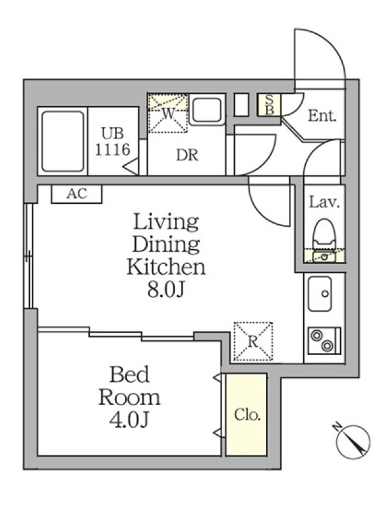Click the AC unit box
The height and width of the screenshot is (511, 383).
tap(77, 194)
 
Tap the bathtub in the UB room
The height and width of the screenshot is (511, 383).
tap(63, 141)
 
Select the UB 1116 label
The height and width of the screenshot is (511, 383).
tap(112, 141)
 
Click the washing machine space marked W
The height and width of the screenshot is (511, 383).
tap(168, 113)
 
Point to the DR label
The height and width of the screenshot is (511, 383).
tap(187, 155)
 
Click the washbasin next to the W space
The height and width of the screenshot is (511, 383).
tap(206, 111)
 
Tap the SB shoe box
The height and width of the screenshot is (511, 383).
tap(269, 105)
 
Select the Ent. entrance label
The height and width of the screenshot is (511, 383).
tap(322, 116)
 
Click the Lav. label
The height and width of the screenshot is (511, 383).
tap(324, 202)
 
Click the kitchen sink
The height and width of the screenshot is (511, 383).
tap(320, 294)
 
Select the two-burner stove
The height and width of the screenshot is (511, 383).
tap(324, 341)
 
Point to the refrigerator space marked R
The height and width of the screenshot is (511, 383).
tap(253, 341)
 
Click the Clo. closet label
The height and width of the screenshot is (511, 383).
tap(247, 415)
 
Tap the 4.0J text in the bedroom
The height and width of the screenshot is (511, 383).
tap(130, 420)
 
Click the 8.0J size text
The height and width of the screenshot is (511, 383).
tap(167, 289)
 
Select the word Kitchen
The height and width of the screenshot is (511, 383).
tap(166, 266)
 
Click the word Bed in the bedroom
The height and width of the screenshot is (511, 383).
tap(130, 374)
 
